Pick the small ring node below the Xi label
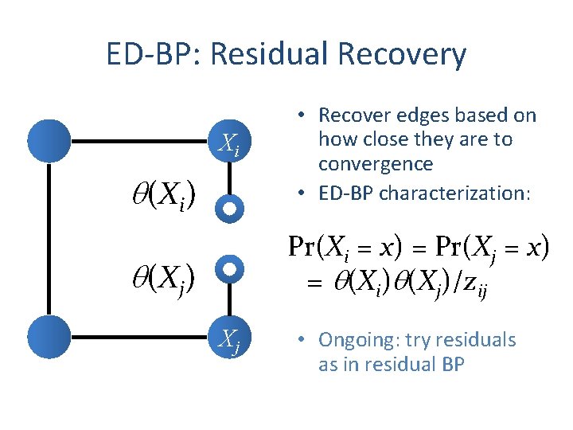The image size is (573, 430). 228,209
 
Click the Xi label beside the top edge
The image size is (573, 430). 228,145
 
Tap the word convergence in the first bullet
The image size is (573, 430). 376,164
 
